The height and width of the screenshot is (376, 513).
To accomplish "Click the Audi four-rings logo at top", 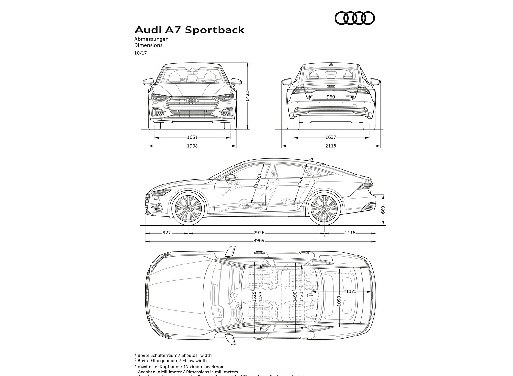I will (x=354, y=18).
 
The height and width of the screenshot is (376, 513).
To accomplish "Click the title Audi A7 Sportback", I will (x=189, y=30).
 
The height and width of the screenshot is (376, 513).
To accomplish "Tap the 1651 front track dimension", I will (x=192, y=137).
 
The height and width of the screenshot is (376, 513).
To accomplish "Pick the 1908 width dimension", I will (x=192, y=146).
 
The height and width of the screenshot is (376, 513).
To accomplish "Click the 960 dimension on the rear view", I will (x=330, y=97).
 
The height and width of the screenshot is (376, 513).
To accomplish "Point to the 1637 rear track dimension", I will (x=331, y=137).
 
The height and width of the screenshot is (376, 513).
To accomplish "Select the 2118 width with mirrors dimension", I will (x=331, y=146).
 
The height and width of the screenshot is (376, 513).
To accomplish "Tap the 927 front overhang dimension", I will (x=167, y=233).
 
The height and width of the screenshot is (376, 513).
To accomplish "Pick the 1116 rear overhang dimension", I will (x=350, y=233).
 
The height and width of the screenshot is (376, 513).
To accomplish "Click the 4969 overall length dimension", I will (x=259, y=241).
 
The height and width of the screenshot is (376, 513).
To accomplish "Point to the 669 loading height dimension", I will (x=383, y=210).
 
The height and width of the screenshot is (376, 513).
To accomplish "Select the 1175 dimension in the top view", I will (x=351, y=291).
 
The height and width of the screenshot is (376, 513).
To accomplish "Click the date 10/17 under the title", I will (x=140, y=53).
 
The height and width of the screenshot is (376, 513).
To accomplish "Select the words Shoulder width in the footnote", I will (x=196, y=355).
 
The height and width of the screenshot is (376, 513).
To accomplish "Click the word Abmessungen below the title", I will (x=151, y=39).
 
